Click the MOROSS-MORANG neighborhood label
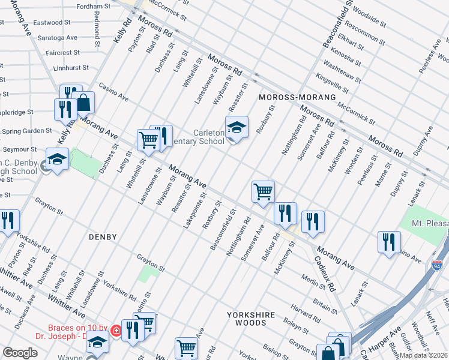288,97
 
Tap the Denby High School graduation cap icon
57,160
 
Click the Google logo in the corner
20,353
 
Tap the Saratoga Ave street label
59,37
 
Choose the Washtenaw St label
342,68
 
